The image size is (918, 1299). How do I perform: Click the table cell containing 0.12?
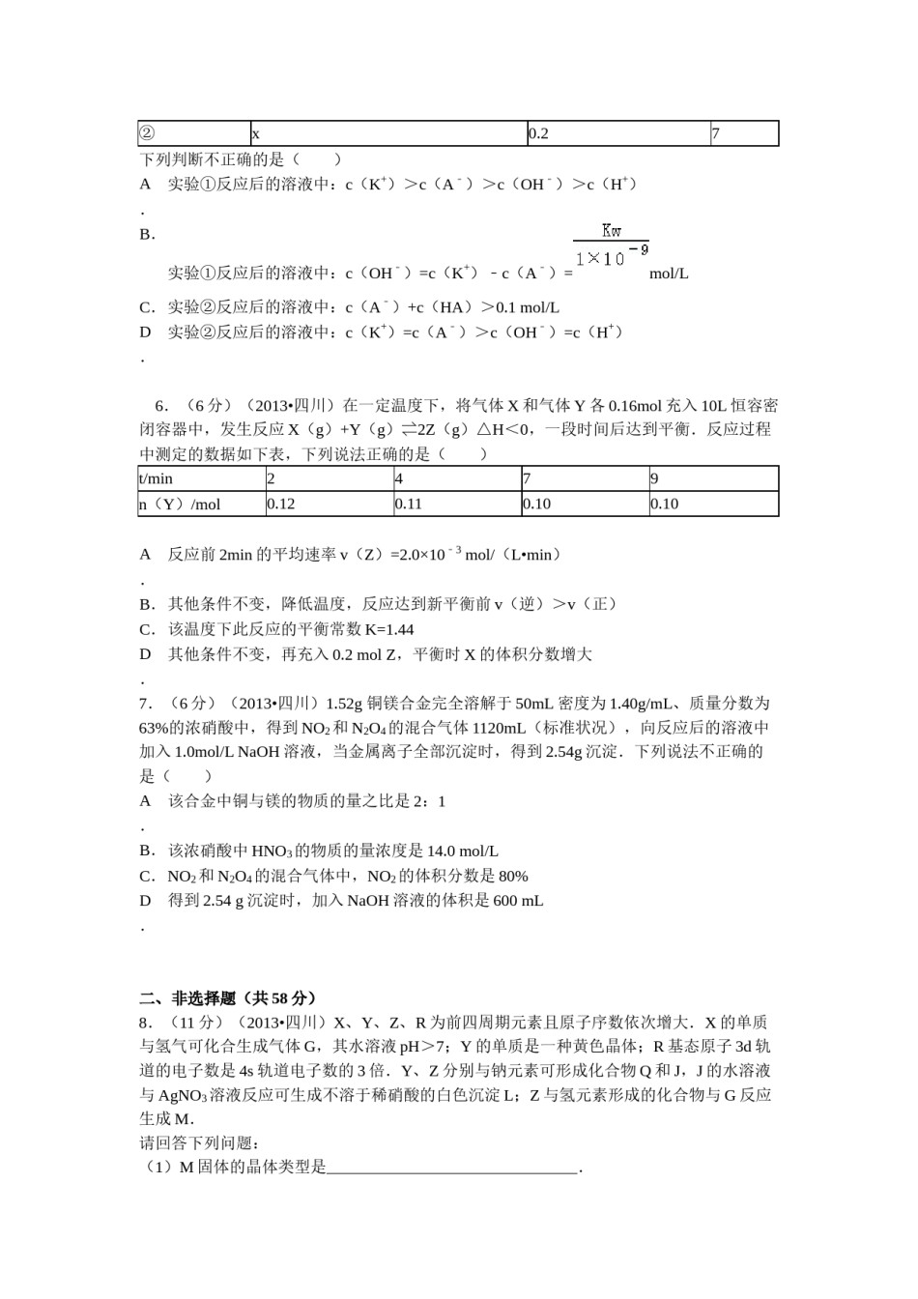click(328, 504)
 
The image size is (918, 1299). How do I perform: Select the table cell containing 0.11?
click(456, 504)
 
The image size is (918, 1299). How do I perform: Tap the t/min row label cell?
click(201, 478)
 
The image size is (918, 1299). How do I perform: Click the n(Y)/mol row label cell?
click(201, 504)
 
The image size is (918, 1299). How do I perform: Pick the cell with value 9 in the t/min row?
click(712, 478)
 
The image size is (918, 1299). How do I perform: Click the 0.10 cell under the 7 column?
click(584, 504)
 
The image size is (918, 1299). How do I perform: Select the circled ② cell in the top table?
click(193, 133)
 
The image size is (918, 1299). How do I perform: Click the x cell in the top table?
click(387, 133)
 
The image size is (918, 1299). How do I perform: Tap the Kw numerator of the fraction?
click(611, 231)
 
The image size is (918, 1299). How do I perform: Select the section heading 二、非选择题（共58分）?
click(228, 997)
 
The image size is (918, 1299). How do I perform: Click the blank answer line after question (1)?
click(452, 1168)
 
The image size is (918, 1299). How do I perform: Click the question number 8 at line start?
click(144, 1023)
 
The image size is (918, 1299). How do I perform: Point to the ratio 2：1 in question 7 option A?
click(429, 801)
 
